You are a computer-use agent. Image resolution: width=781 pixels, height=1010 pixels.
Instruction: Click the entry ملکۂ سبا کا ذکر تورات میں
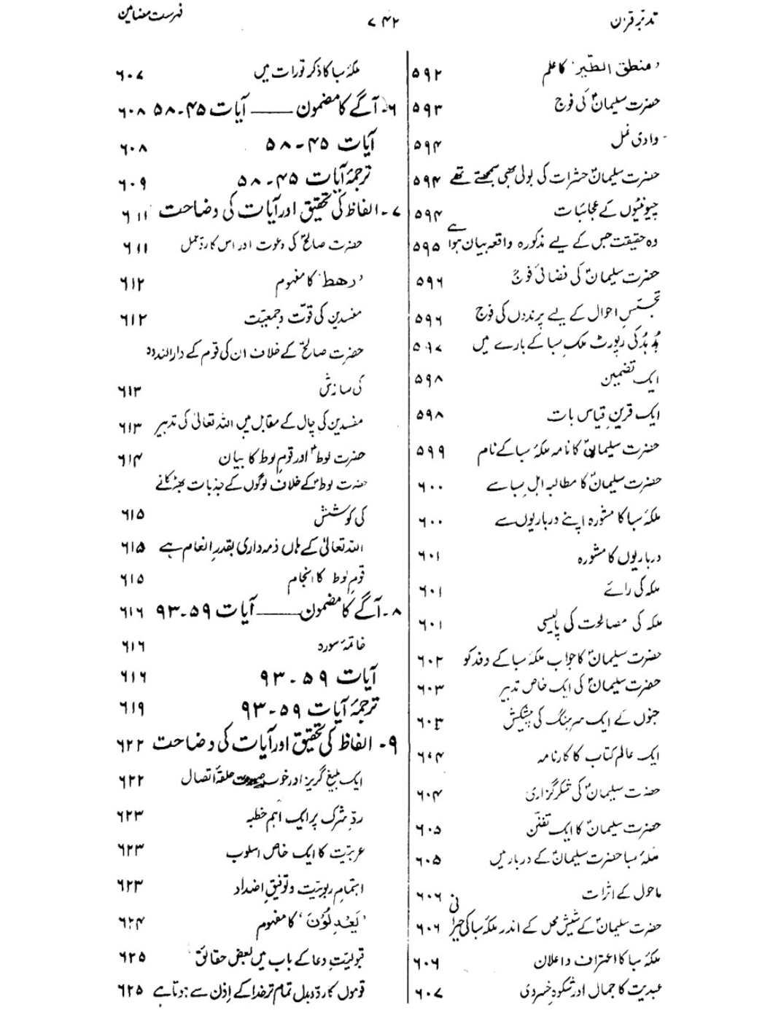pos(307,71)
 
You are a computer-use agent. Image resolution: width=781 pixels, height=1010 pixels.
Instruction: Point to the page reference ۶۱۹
pos(132,708)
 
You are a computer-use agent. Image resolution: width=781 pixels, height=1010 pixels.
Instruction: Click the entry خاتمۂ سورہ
pos(341,644)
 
